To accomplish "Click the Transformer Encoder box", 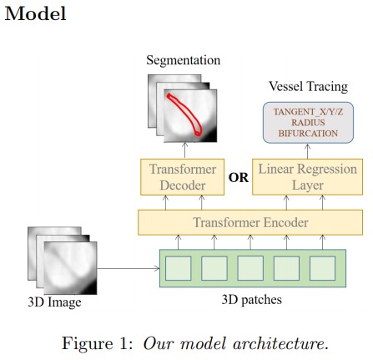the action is click(x=250, y=222).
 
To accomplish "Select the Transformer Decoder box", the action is click(x=182, y=177).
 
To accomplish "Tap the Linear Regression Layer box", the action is click(x=307, y=177).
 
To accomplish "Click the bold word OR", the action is click(x=239, y=178).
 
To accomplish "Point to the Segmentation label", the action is click(x=184, y=61).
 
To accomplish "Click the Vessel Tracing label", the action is click(x=308, y=86).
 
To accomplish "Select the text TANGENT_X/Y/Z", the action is click(x=308, y=112).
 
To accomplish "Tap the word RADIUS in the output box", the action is click(x=308, y=123).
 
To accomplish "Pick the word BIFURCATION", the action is click(x=308, y=134).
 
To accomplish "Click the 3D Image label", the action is click(x=54, y=302).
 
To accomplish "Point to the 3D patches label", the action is click(x=251, y=300).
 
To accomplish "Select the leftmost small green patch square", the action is click(x=179, y=268).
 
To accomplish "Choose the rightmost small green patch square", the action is click(x=322, y=268).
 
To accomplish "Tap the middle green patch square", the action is click(x=250, y=268).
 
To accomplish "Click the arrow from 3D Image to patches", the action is click(x=129, y=268).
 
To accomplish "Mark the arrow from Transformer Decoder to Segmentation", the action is click(x=185, y=150).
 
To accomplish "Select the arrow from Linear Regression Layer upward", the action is click(x=307, y=151).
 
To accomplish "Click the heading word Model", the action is click(x=36, y=13).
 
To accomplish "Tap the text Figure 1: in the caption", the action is click(x=98, y=343).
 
